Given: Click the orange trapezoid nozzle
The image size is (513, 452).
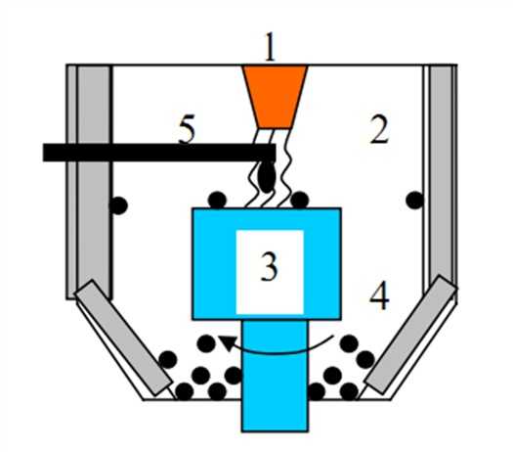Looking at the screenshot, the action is pos(275,97).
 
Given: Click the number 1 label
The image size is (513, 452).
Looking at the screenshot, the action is pos(270,46).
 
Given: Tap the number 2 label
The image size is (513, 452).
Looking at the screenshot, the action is pos(379,130).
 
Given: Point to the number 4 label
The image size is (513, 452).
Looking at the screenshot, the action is pos(379,295).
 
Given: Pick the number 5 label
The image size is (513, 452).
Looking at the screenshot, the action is pos(187,129).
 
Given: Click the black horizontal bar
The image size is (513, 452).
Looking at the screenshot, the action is pos(159,153).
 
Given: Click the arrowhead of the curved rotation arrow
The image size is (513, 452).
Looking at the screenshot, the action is pos(227,342).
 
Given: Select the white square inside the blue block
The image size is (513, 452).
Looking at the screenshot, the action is pos(270,272).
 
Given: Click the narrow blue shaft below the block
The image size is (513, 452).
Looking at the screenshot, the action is pos(275,376).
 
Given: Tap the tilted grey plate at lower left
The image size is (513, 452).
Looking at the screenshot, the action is pos(123,338).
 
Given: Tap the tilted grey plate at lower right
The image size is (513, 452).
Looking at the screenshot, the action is pos(410,334).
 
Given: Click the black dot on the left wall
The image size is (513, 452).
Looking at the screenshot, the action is pos(118,205).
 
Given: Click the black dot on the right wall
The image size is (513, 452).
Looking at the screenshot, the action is pos(415,201).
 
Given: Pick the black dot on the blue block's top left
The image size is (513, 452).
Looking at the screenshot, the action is pos(218,200).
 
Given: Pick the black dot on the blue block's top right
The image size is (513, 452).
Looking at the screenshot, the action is pos(300,200).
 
